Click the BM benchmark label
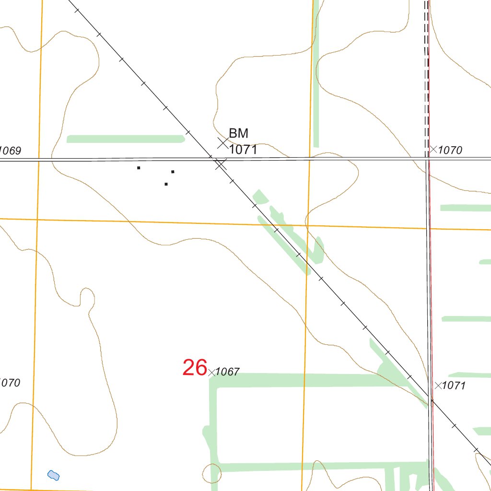pyautogui.click(x=238, y=133)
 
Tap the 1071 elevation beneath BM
pyautogui.click(x=243, y=150)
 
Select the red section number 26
pyautogui.click(x=195, y=368)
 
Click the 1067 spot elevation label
pyautogui.click(x=227, y=372)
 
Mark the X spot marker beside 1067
pyautogui.click(x=211, y=372)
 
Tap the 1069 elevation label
pyautogui.click(x=10, y=151)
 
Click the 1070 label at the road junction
pyautogui.click(x=450, y=151)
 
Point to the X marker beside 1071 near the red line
pyautogui.click(x=438, y=385)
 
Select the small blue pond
pyautogui.click(x=53, y=475)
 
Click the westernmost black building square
pyautogui.click(x=139, y=168)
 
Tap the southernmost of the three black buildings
pyautogui.click(x=166, y=184)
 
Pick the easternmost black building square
pyautogui.click(x=173, y=171)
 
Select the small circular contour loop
pyautogui.click(x=211, y=473)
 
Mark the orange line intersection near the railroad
pyautogui.click(x=307, y=225)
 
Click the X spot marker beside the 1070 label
pyautogui.click(x=433, y=150)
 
